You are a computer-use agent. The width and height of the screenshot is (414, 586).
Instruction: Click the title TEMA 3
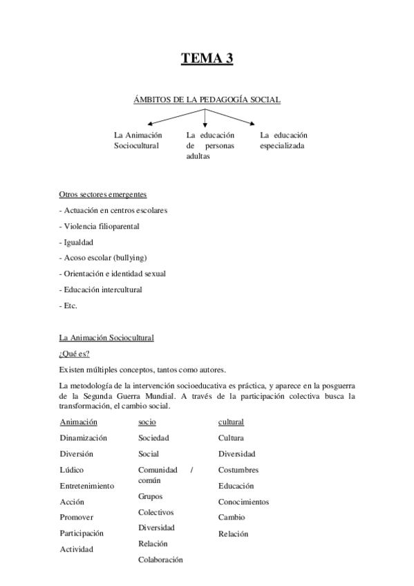[207, 59]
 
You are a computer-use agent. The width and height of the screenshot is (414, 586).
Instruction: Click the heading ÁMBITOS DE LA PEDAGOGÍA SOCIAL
[207, 100]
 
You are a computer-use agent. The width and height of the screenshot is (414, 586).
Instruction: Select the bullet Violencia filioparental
[102, 226]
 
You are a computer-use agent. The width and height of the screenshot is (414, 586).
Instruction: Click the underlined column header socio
[147, 422]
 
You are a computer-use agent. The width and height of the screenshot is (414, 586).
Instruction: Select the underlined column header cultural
[231, 422]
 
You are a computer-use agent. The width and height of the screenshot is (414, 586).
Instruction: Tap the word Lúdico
[72, 470]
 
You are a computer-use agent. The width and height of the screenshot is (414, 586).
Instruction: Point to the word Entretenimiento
[86, 486]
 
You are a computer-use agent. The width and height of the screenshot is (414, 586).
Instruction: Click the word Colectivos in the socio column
[156, 512]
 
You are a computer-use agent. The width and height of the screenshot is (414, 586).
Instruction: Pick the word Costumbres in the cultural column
[238, 470]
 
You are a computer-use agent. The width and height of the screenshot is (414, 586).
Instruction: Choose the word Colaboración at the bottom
[160, 560]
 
